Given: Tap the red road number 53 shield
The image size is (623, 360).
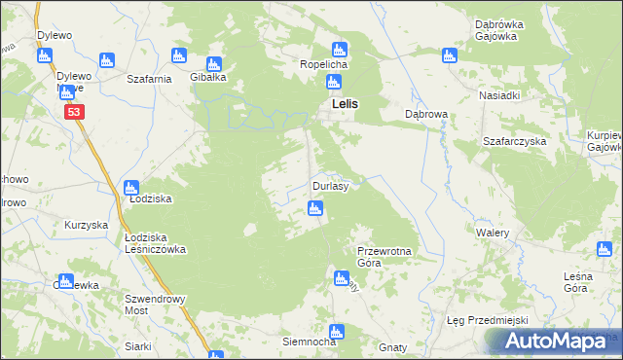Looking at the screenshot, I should [x=75, y=114].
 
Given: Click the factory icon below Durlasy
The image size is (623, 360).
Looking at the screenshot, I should [x=314, y=207].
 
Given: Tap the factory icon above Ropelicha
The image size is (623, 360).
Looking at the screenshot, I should [x=339, y=49].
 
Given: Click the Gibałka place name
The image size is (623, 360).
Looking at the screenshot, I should [x=208, y=77].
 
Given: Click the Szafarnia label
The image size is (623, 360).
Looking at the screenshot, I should [x=149, y=77].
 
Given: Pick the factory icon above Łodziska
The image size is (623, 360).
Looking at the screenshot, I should [x=131, y=187].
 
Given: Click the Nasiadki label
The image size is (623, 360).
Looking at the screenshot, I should [x=499, y=96].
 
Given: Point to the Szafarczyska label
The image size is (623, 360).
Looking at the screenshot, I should [x=515, y=141].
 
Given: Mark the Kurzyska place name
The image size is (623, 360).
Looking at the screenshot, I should [x=86, y=225].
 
